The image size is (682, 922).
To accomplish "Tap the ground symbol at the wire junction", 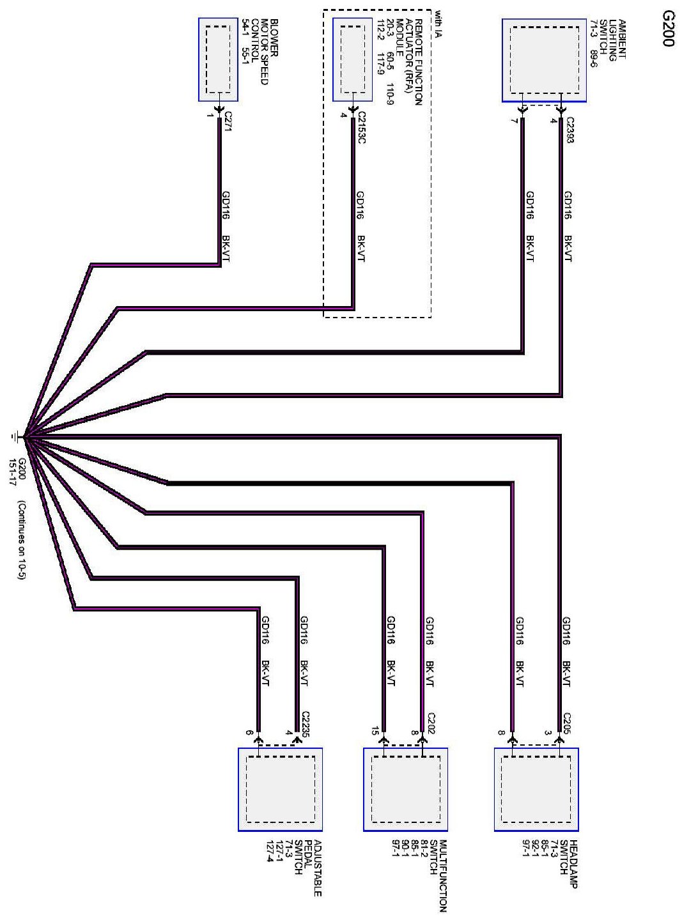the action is point(14,437).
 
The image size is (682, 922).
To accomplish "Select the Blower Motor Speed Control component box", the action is point(219,59).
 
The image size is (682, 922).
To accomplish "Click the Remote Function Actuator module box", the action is point(352,59).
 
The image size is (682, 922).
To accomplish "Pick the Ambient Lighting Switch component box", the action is point(543,59).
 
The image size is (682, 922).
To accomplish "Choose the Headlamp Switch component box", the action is point(536,789).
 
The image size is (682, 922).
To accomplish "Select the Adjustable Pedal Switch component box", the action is point(280,789).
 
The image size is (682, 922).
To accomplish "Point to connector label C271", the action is point(228,121).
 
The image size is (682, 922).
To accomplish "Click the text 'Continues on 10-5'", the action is point(22,539).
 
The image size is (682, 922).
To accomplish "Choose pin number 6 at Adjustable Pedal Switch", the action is point(250,732).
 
